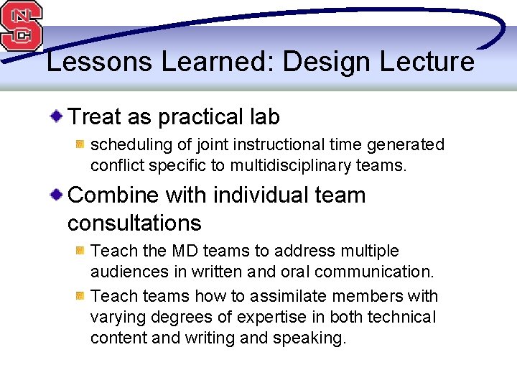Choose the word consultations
[x=134, y=223]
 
